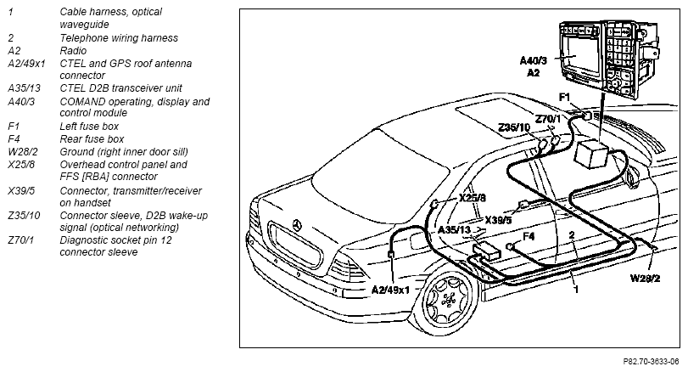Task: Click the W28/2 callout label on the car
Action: [645, 278]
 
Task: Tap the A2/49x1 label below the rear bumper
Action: [390, 290]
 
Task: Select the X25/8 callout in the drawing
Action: [473, 198]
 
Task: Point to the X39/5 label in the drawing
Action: [498, 220]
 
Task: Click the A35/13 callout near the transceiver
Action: [454, 229]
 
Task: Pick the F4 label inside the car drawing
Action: [529, 236]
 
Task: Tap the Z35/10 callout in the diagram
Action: [514, 127]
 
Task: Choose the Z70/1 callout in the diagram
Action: [548, 119]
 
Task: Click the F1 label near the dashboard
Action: [564, 97]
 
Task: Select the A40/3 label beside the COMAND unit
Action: [533, 60]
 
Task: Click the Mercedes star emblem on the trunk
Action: [298, 225]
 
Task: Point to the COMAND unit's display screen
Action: [579, 56]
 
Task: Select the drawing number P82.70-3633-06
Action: [652, 362]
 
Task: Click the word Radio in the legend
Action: [73, 50]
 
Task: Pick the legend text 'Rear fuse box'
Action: [92, 138]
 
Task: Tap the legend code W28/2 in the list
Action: [23, 152]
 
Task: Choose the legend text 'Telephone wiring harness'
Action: [119, 37]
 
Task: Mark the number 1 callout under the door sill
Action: [577, 290]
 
